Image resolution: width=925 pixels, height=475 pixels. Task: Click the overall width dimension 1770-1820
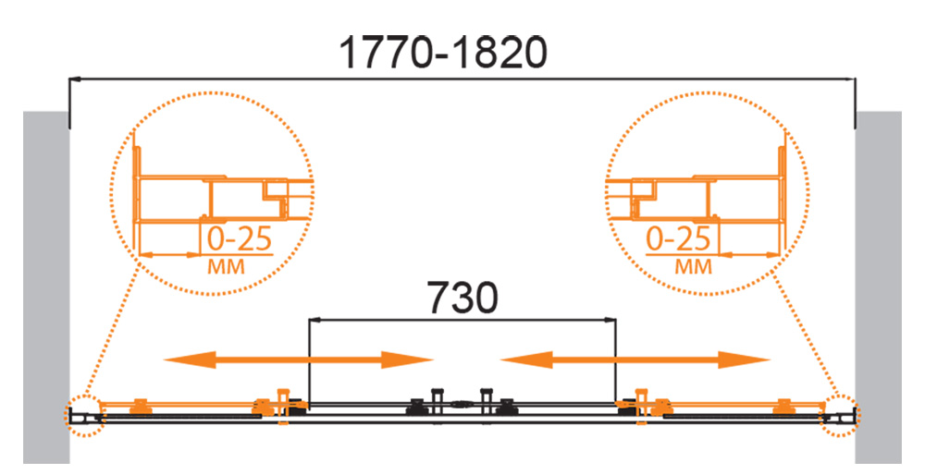click(x=443, y=53)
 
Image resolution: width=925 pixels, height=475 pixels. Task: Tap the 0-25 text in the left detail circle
click(x=240, y=239)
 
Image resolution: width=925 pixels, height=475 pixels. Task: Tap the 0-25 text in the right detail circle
click(x=678, y=239)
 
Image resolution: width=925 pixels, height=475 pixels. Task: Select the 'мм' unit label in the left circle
click(x=226, y=266)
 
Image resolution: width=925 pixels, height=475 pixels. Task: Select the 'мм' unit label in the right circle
click(x=694, y=266)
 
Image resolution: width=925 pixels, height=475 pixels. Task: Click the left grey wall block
click(x=46, y=287)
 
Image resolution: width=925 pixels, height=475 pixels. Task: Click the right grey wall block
click(x=879, y=287)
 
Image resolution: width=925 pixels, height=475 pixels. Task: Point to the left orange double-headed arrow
click(x=299, y=359)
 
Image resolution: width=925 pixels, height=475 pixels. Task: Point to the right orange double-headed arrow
click(x=635, y=359)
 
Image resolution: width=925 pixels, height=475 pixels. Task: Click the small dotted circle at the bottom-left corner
click(x=84, y=416)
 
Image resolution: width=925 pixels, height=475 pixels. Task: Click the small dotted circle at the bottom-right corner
click(x=841, y=416)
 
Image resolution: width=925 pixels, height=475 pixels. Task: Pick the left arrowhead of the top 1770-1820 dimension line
click(x=75, y=79)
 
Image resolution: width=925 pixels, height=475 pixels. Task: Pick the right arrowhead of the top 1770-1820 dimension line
click(x=850, y=79)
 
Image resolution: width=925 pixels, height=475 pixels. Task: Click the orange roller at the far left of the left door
click(x=141, y=406)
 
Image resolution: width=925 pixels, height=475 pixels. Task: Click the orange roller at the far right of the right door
click(x=784, y=406)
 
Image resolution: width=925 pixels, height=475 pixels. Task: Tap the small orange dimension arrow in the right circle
click(x=750, y=255)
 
